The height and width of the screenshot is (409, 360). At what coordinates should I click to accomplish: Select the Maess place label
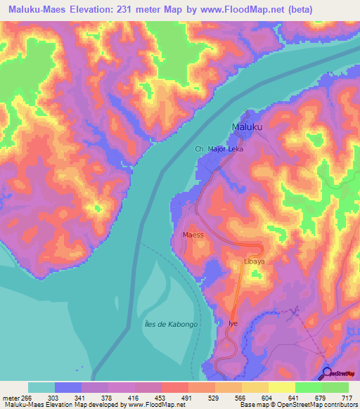193,235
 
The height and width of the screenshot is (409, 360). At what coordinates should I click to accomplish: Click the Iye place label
233,323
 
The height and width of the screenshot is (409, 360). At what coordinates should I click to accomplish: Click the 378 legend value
114,397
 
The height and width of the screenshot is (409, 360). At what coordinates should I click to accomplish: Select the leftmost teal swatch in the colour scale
41,387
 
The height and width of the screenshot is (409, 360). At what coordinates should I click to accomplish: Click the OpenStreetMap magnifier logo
328,373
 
